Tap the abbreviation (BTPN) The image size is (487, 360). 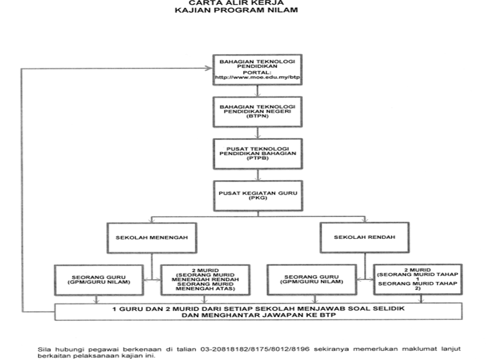click(x=257, y=119)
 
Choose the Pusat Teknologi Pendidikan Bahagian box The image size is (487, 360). click(x=257, y=153)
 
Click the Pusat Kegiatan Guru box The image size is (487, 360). click(x=257, y=195)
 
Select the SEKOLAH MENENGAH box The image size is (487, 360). click(x=152, y=237)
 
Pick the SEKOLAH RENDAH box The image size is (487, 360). click(x=364, y=237)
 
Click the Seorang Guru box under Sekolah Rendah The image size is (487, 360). click(x=311, y=280)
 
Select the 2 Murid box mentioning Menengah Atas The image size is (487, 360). click(x=205, y=280)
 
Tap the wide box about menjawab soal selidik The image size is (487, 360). click(x=258, y=311)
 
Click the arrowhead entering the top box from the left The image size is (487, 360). click(x=209, y=69)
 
